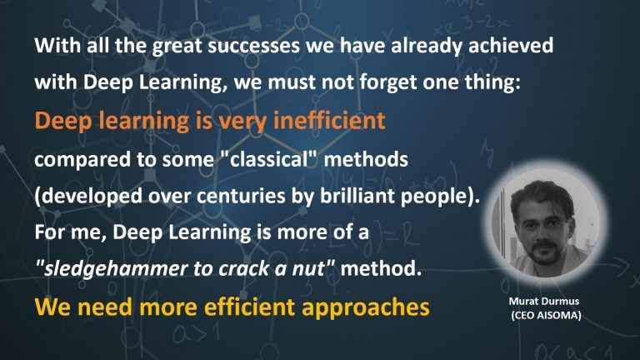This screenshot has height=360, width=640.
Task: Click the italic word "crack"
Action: (x=250, y=272)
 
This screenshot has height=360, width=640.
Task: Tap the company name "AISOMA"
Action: (x=562, y=316)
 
